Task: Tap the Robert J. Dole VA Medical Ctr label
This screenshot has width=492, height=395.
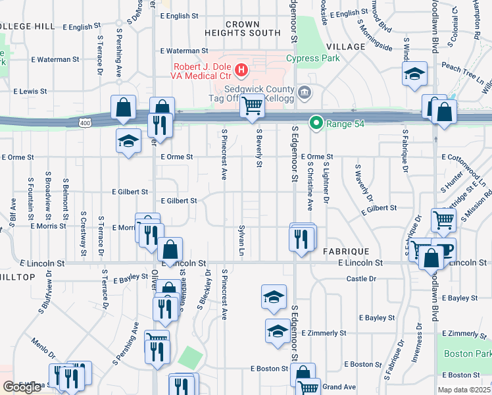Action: tap(204, 71)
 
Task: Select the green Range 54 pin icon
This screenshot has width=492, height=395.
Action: tap(316, 122)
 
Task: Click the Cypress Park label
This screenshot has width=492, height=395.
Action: tap(312, 58)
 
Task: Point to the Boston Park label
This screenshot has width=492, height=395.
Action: tap(467, 354)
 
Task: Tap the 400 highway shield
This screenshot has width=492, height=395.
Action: tap(84, 123)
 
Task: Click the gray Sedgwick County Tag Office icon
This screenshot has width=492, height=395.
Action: tap(303, 92)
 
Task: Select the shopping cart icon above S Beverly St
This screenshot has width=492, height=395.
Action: tap(252, 105)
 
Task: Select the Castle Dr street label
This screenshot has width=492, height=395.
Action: tap(361, 279)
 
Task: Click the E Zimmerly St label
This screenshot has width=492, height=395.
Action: tap(467, 334)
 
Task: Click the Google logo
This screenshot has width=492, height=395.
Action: tap(22, 387)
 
